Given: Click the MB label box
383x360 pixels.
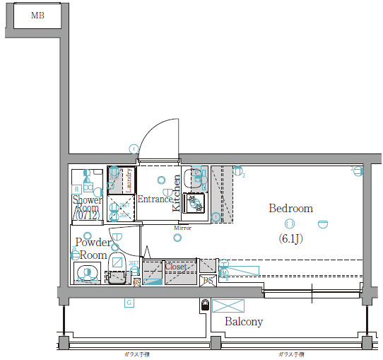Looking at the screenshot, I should click(x=37, y=14).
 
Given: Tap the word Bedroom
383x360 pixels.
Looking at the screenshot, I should click(x=290, y=209).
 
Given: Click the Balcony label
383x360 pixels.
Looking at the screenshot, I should click(x=244, y=322).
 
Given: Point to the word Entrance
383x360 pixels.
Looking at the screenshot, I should click(x=155, y=199).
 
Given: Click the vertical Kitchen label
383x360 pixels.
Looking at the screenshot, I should click(x=177, y=193).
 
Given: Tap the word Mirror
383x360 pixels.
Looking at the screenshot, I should click(x=183, y=228).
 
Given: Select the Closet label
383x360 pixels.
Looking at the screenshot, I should click(x=175, y=267).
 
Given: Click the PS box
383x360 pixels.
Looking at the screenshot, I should click(x=208, y=281).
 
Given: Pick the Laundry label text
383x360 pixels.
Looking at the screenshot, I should click(x=129, y=180).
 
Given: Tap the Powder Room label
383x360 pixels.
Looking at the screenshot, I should click(x=93, y=248).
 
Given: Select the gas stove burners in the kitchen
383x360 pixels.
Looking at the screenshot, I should click(x=194, y=204).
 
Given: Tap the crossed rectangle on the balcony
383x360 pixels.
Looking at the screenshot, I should click(x=230, y=306).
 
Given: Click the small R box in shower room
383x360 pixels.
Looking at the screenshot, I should click(x=76, y=189).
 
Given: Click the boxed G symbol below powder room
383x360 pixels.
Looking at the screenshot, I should click(x=129, y=303).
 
